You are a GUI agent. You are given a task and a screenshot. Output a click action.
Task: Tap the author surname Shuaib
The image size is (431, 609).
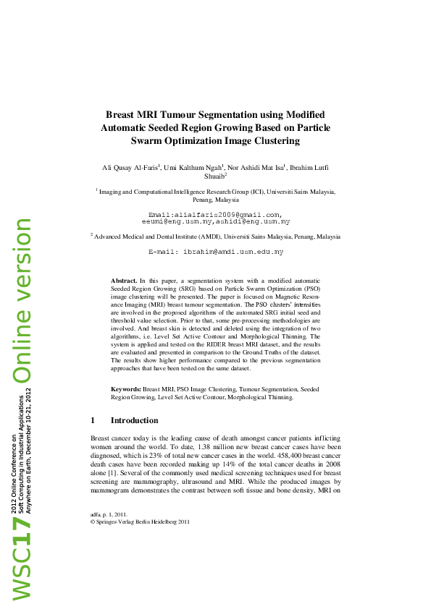pos(214,176)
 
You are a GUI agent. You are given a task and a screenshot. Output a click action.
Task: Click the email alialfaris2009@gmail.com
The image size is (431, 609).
pos(214,215)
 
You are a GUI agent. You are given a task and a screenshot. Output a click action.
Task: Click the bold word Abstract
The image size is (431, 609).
pos(124,279)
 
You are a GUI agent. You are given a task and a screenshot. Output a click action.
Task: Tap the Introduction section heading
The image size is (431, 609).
pos(134,420)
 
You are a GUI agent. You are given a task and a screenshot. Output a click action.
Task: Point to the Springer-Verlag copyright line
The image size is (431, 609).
pos(140,521)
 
